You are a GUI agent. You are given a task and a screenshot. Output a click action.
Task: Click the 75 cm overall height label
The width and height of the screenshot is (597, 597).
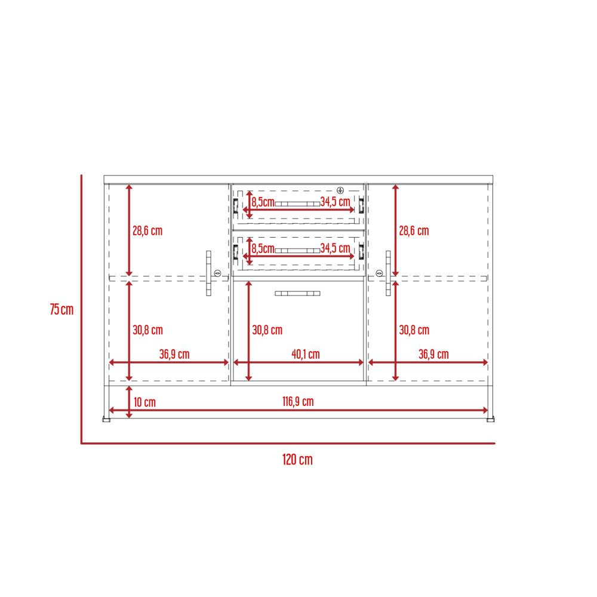click(61, 309)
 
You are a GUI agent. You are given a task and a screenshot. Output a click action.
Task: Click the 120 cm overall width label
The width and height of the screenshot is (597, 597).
click(297, 460)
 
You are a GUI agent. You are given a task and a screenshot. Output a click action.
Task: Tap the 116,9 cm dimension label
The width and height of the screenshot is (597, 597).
click(298, 401)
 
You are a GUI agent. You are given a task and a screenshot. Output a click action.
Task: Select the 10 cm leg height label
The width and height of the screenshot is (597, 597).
click(144, 402)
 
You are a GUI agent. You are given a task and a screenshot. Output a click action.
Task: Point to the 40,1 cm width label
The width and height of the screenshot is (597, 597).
click(305, 354)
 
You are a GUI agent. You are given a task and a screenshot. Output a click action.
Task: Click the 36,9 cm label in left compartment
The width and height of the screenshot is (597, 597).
click(174, 354)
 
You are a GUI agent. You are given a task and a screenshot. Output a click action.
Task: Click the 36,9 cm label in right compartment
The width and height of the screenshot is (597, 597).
click(433, 354)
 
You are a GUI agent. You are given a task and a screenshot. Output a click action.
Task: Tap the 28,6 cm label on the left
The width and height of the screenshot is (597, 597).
click(147, 230)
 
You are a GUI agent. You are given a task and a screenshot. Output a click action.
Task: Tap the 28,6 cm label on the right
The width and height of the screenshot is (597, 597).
click(414, 230)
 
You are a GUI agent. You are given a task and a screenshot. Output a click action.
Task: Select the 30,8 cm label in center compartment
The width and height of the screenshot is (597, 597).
click(267, 330)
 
